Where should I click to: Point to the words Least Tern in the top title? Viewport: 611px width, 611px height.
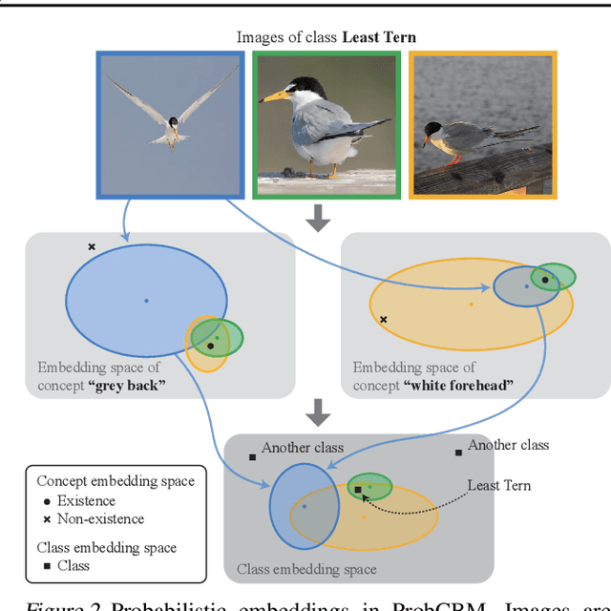click(x=379, y=37)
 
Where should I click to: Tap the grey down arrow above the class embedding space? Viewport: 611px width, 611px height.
click(x=319, y=412)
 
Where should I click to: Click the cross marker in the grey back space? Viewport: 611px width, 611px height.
click(x=92, y=247)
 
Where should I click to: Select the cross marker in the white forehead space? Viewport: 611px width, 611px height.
click(x=383, y=320)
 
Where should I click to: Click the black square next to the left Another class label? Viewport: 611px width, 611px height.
click(x=252, y=457)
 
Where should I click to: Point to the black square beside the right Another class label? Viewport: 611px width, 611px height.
click(x=458, y=452)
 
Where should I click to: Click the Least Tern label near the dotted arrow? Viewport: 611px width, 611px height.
click(x=498, y=486)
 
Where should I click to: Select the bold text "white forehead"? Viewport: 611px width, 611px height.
click(x=458, y=386)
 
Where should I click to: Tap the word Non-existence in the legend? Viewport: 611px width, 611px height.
click(x=99, y=519)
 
